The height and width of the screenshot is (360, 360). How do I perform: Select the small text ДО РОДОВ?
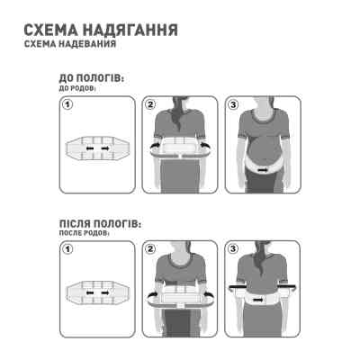coord(76,91)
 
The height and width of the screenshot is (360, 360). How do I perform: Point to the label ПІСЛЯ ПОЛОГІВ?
coord(99,221)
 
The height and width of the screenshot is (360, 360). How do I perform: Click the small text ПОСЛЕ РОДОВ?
coord(81,231)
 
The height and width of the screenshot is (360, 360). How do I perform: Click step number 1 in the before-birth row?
coord(67,105)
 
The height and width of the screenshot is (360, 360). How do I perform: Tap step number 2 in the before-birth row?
coord(149,105)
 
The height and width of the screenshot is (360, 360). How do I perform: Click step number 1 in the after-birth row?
coord(67,246)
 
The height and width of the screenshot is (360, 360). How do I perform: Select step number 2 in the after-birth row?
coord(149,246)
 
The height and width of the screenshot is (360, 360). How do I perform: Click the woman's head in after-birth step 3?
coord(261,247)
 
